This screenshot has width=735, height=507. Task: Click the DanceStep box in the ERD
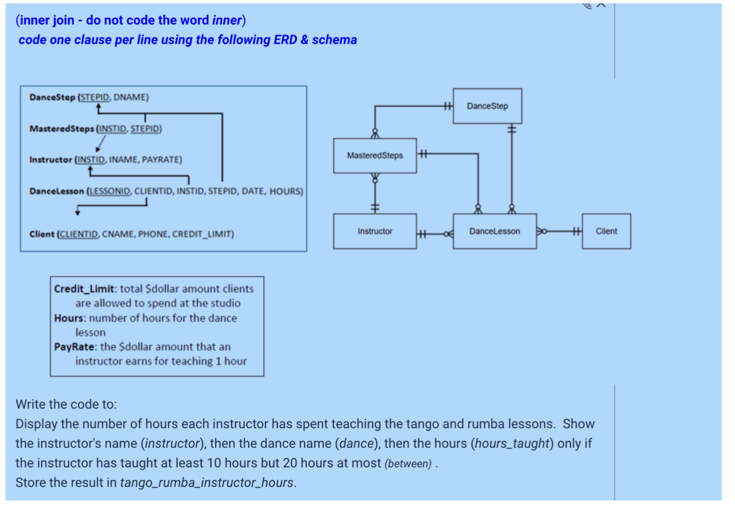[487, 106]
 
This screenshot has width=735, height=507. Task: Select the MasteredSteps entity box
[375, 156]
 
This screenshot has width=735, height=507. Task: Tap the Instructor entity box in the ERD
[375, 232]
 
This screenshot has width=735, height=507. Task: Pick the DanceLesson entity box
[494, 232]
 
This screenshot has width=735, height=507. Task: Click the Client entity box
[606, 232]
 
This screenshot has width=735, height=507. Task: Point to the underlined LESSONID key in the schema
[110, 191]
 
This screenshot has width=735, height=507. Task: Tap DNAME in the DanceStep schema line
[130, 98]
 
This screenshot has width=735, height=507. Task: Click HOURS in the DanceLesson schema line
[285, 191]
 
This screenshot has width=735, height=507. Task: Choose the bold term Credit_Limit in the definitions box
[84, 289]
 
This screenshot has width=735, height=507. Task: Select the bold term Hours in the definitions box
[69, 318]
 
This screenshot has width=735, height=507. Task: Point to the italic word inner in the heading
[227, 20]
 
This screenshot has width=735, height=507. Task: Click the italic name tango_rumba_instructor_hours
[207, 483]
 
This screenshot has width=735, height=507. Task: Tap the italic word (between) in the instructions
[408, 464]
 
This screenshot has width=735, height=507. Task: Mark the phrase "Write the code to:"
[66, 404]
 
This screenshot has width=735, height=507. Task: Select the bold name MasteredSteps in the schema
[61, 129]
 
